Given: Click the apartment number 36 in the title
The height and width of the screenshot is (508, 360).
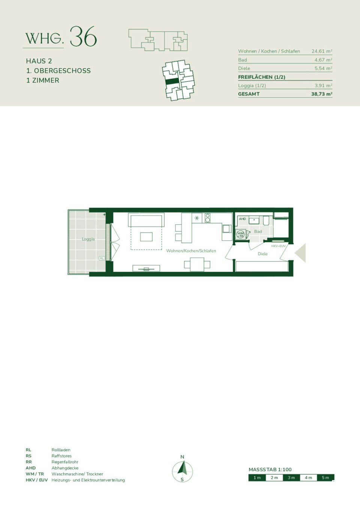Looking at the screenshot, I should pos(83,37).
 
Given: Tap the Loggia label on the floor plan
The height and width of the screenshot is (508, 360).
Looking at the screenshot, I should pos(88,239).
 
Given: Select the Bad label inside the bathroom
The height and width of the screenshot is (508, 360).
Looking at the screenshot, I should pos(258,232).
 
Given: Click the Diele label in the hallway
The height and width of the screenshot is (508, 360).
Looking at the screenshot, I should pos(262,254).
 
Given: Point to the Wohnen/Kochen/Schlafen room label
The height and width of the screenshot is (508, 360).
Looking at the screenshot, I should pos(191,251).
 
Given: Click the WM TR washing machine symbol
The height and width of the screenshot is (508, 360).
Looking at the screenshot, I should pos(240,235).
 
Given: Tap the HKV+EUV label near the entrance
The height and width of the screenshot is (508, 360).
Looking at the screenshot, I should pos(278,246).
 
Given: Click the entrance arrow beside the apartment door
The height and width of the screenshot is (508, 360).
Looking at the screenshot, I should pos(301,253).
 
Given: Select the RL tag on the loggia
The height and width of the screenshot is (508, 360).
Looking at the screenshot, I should pos(102,258).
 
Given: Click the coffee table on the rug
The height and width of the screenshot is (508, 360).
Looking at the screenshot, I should pos(146,236).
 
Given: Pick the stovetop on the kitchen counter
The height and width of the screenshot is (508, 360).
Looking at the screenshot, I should pos(207,218).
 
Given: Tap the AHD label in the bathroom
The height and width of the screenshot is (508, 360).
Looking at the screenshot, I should pos(242,219).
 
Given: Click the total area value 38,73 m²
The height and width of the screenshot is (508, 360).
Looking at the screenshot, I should pos(321,94).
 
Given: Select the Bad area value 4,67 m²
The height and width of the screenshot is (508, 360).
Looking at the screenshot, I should pos(323,60).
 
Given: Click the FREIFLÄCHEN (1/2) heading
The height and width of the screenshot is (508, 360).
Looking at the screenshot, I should pos(261,77).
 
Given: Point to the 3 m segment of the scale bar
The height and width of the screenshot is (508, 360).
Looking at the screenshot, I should pos(291,478).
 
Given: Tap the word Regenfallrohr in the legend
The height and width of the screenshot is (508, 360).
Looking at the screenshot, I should pos(65,462).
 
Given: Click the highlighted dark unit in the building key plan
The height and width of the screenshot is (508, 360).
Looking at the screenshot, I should pos(172,81).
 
